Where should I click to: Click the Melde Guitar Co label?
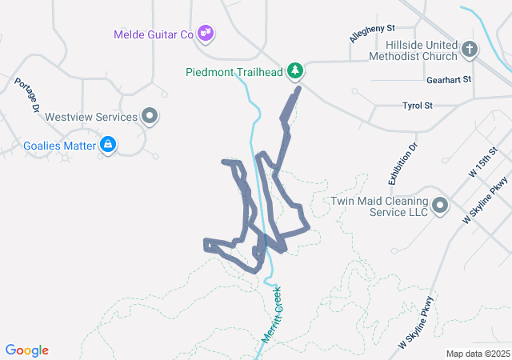[x=154, y=34]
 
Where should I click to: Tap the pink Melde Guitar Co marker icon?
[x=206, y=33]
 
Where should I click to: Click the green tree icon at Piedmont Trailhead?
[x=296, y=71]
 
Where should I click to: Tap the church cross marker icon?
[x=470, y=50]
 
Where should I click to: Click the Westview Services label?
[x=91, y=117]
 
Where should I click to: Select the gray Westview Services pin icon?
[x=150, y=117]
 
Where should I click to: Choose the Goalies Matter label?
[x=58, y=146]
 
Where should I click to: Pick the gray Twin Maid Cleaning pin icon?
[x=439, y=206]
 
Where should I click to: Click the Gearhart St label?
[x=449, y=80]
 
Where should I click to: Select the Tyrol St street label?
[x=417, y=106]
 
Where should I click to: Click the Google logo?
[x=27, y=350]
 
